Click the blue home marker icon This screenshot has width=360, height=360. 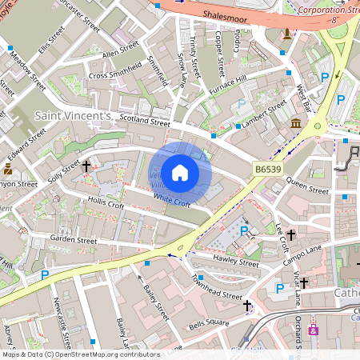(x=180, y=172)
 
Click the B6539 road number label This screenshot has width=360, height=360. (x=270, y=169)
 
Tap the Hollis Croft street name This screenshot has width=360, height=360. (x=106, y=206)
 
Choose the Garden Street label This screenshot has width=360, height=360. (x=73, y=239)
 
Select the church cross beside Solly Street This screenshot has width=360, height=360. (x=86, y=166)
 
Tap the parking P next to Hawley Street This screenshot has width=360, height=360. (x=244, y=231)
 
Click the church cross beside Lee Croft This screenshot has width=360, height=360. (x=292, y=235)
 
